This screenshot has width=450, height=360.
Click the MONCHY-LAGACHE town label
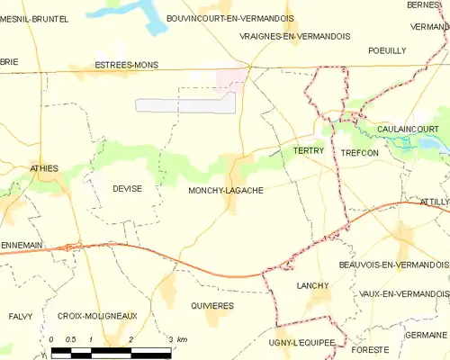226,190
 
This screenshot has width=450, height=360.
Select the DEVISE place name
128,188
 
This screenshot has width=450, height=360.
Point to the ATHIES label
44,167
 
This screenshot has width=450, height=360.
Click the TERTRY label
308,151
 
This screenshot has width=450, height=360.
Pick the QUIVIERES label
212,306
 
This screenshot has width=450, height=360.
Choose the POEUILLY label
387,50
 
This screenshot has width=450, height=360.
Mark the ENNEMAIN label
22,218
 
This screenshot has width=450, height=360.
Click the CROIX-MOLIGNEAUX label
96,316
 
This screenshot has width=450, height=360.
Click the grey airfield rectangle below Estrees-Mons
185,104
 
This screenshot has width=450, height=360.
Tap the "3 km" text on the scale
176,339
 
